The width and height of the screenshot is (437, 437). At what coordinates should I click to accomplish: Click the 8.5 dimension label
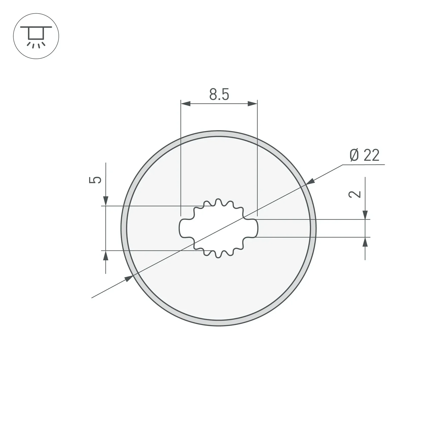(x=219, y=95)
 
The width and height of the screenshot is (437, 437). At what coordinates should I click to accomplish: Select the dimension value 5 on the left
(x=95, y=180)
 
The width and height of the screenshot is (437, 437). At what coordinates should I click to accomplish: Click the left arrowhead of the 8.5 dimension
(x=186, y=104)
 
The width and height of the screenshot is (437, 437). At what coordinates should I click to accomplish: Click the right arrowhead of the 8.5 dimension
(x=253, y=104)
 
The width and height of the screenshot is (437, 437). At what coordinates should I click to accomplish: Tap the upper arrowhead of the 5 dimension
(x=106, y=201)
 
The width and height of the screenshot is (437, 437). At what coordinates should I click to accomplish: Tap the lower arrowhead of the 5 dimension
(x=106, y=255)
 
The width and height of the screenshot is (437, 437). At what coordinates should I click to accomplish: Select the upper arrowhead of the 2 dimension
(x=365, y=215)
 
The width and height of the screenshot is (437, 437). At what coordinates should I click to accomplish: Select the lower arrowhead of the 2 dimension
(x=365, y=242)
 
